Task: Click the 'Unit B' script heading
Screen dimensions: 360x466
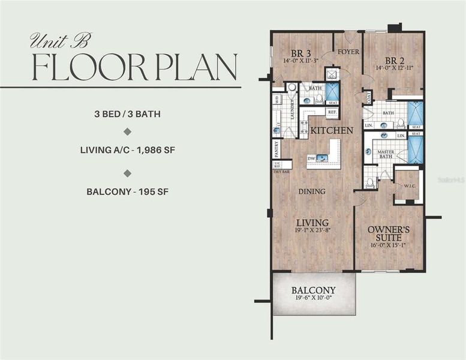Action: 59,41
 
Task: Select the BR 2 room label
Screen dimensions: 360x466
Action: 393,61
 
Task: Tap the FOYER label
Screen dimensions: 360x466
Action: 348,52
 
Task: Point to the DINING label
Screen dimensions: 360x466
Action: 312,191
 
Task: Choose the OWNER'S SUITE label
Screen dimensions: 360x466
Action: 389,233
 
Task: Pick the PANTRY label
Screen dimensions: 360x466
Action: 276,148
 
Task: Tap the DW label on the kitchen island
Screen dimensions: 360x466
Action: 311,158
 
